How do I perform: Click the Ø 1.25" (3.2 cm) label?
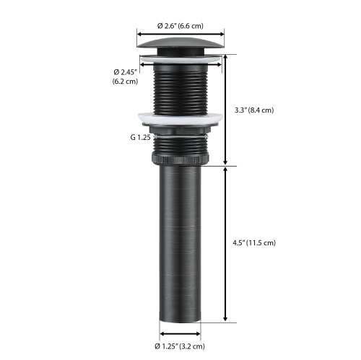(180, 345)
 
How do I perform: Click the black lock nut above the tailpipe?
(180, 157)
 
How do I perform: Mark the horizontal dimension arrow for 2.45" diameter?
(180, 63)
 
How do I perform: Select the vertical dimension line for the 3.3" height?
(227, 110)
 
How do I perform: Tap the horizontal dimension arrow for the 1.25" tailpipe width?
(180, 333)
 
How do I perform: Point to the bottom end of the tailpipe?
(180, 319)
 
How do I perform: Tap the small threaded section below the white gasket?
(180, 141)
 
